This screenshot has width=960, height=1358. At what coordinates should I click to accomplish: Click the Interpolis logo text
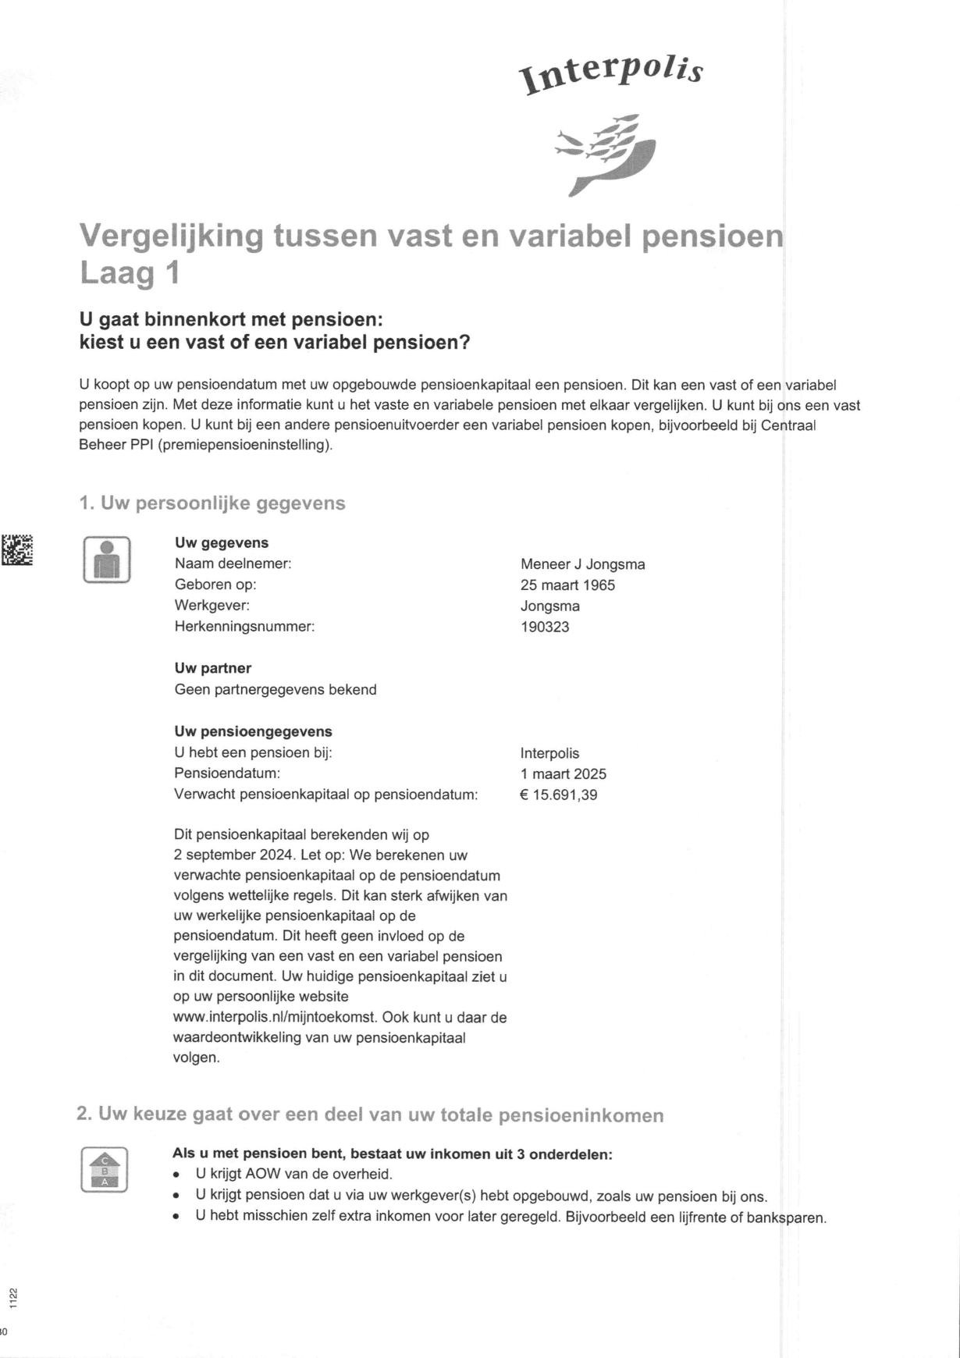[613, 75]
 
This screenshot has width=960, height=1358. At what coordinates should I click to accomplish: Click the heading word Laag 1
[130, 273]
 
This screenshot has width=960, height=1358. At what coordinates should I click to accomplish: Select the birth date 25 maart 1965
[567, 585]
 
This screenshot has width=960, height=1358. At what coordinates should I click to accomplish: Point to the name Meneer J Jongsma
[582, 564]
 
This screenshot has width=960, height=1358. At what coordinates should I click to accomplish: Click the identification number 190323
[545, 627]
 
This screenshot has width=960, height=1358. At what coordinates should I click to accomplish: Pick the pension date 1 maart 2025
[563, 774]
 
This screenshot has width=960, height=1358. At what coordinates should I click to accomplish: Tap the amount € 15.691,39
[558, 795]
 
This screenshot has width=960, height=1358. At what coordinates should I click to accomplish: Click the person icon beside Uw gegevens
[106, 560]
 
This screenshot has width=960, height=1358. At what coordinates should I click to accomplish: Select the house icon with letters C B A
[104, 1170]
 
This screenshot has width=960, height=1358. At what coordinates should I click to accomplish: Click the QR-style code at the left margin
[16, 549]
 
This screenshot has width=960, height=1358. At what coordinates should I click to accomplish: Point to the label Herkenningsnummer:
[244, 626]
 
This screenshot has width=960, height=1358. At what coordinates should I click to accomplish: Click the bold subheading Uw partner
[212, 668]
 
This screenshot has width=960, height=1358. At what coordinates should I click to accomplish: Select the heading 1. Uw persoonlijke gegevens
[212, 503]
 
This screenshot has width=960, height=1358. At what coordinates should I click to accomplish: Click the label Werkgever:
[212, 605]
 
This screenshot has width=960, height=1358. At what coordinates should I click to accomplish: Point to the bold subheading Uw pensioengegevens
[253, 731]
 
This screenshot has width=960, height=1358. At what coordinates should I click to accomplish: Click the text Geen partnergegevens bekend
[275, 690]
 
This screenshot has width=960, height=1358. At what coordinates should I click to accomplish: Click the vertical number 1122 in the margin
[13, 1298]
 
